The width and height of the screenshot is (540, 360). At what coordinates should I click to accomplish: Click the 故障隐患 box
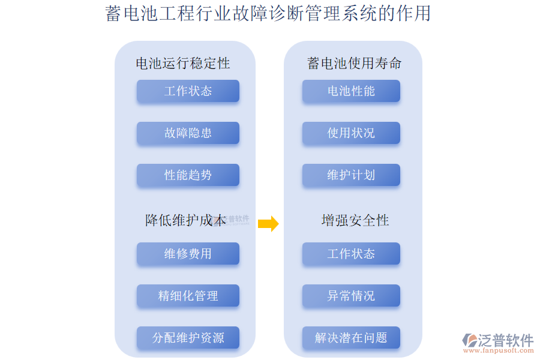coord(188,133)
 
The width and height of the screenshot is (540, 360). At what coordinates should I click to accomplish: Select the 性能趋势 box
coord(188,175)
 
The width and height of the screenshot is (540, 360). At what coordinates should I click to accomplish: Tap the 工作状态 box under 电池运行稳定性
coord(188,91)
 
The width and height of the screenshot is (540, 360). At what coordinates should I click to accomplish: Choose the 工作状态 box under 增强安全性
coord(351,254)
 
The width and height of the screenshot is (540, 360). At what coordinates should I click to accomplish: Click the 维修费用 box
coord(188,254)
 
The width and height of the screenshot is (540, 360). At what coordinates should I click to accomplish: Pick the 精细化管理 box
coord(188,296)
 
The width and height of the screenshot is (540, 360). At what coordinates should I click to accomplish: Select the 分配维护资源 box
coord(188,338)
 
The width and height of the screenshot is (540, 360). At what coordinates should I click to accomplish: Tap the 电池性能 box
coord(351,91)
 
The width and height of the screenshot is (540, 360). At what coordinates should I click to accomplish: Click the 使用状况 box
coord(351,133)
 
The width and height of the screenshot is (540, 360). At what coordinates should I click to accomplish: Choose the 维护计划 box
coord(351,175)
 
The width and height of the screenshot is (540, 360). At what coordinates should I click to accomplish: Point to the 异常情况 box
coord(351,296)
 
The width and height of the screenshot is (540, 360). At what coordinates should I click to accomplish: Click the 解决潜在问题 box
coord(351,338)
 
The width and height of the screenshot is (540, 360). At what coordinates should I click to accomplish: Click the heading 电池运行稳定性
coord(183,63)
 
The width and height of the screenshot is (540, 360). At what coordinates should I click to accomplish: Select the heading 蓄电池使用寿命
coord(354,63)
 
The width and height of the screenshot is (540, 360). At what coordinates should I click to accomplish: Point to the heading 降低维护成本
coord(186,220)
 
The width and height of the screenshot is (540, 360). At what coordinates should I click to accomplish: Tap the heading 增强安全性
coord(355,220)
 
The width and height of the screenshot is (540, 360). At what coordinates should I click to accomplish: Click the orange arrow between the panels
coord(268,224)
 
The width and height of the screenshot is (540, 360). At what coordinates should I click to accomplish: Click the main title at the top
coord(268,13)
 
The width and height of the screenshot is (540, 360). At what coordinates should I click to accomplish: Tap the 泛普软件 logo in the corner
coord(498,340)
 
